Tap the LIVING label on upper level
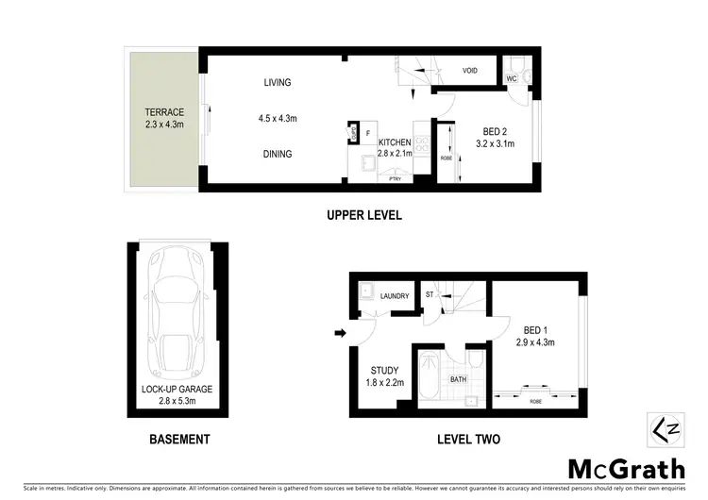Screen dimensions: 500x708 [x=278, y=84]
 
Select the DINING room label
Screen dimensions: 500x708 [x=278, y=154]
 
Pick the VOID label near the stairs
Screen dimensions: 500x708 [x=469, y=71]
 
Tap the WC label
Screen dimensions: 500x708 [x=511, y=79]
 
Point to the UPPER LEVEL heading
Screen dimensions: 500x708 [x=364, y=215]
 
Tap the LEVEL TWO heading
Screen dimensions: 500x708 [x=468, y=439]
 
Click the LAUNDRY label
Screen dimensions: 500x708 [x=395, y=296]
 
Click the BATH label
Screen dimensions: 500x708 [x=459, y=380]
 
